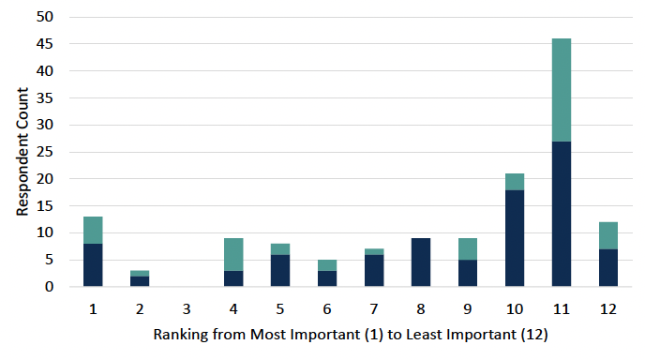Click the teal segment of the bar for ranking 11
[x=562, y=90]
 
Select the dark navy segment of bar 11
[x=562, y=214]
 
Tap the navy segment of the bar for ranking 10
[x=515, y=238]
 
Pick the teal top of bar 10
[x=515, y=181]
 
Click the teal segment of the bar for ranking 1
[x=93, y=230]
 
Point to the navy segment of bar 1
[x=93, y=264]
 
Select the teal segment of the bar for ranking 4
[x=233, y=254]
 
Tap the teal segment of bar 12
[x=608, y=235]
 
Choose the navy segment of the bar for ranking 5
[x=280, y=270]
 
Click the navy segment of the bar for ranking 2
[x=140, y=280]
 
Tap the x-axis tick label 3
[x=187, y=307]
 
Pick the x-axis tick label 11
[x=562, y=307]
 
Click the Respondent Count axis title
[x=22, y=152]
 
